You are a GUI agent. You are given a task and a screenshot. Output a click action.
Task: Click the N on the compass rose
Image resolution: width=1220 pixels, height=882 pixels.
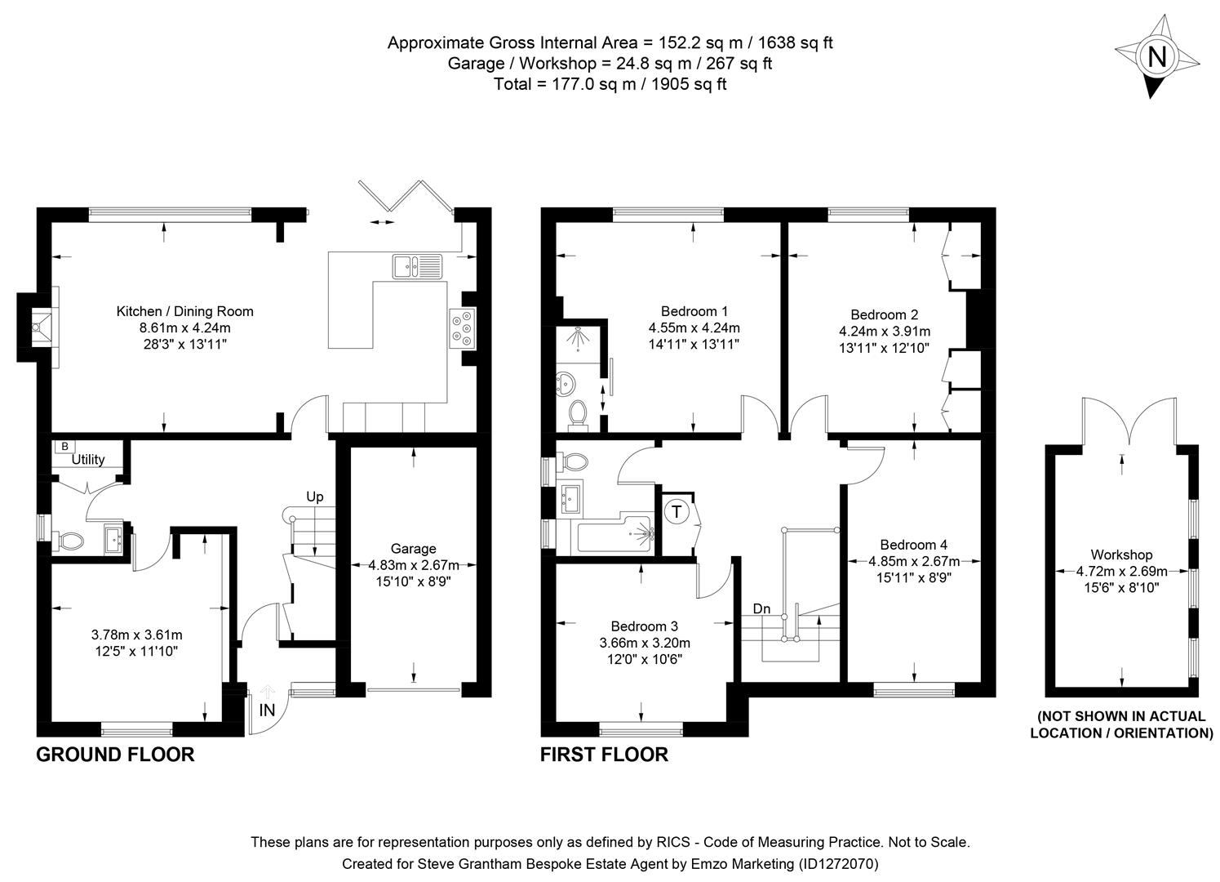coord(1156,56)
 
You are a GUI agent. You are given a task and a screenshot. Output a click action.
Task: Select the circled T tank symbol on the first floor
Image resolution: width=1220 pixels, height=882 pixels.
coord(676,512)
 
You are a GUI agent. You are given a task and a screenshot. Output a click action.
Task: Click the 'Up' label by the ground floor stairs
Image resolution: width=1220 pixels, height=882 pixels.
coord(314,497)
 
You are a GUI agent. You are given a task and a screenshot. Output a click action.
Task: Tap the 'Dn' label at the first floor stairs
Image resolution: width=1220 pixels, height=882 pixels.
coord(761,608)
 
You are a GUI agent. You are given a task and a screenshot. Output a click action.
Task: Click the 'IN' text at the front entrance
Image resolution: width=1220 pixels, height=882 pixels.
coord(267,710)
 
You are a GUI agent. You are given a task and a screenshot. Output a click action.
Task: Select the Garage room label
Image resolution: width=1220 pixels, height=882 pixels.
coord(413,549)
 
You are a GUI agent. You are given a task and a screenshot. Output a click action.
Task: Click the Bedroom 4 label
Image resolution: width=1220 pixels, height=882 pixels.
coord(913,545)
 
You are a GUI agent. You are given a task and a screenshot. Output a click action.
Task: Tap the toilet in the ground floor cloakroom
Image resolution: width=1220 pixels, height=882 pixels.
coord(69,541)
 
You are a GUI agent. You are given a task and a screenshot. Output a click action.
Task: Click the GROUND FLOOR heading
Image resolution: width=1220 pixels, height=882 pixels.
coord(115,755)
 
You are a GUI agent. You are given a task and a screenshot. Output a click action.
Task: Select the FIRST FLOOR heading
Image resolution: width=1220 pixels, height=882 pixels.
coord(604,755)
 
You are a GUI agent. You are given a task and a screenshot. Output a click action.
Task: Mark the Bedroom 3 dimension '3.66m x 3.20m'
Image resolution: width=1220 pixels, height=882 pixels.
coord(645,643)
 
